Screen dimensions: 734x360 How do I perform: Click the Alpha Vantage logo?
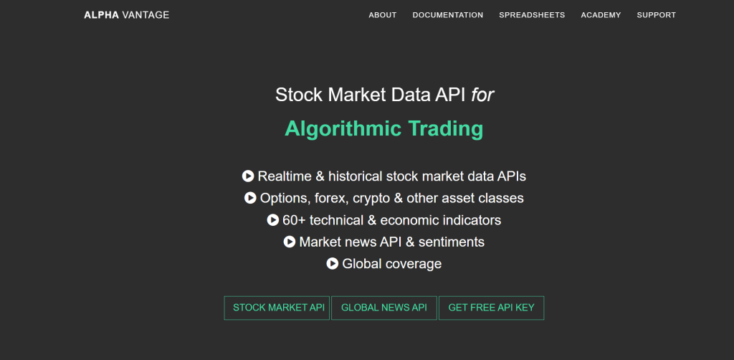click(126, 15)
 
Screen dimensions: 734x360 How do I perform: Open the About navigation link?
click(383, 15)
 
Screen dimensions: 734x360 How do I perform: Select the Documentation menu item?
click(447, 15)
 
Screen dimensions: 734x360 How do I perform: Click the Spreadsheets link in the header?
click(532, 15)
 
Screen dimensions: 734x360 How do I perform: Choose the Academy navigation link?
click(601, 15)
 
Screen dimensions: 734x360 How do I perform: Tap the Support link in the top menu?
click(657, 15)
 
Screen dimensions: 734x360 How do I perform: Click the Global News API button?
click(384, 308)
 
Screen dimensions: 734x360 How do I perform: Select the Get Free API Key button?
click(491, 308)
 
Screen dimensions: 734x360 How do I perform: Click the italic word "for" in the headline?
click(482, 95)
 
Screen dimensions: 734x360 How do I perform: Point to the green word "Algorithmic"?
click(343, 129)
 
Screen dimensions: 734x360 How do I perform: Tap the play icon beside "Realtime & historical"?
click(247, 176)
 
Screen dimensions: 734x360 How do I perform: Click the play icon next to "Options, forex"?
click(250, 198)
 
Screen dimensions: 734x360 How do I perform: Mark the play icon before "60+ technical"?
click(273, 219)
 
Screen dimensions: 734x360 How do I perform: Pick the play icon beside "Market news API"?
click(290, 242)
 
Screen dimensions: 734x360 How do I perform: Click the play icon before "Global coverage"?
click(333, 264)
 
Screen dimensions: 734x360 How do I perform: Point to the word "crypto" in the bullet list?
click(371, 199)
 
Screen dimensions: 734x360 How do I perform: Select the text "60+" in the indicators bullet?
click(294, 220)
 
